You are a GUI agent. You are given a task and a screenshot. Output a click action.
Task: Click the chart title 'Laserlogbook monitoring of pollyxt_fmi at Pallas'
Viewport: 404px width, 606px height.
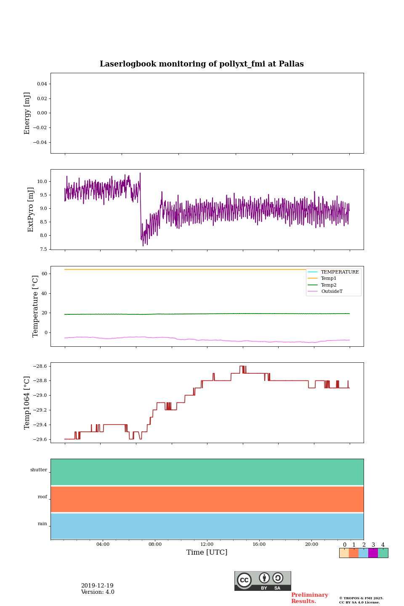pos(202,64)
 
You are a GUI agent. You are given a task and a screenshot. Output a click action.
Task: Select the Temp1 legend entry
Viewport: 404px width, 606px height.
pos(329,279)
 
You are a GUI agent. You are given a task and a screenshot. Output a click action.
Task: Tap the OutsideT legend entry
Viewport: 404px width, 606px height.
pos(332,292)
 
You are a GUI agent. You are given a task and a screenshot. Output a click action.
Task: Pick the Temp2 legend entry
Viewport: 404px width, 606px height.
pos(329,285)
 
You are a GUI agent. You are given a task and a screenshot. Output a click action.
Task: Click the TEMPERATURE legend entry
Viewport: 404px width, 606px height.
pos(340,272)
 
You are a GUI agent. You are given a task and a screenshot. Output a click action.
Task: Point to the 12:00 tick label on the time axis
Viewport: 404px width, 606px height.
pos(207,545)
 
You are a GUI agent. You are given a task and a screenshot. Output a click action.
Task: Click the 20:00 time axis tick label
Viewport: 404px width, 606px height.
pos(311,545)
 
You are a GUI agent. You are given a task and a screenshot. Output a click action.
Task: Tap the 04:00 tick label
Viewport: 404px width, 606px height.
pos(103,545)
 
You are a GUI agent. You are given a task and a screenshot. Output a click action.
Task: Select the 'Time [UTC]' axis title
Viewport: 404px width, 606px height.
pos(207,553)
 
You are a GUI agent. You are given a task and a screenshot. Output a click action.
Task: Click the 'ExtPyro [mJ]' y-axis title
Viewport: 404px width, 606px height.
pos(31,210)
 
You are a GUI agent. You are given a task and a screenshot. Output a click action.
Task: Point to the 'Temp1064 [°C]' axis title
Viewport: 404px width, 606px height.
pos(27,403)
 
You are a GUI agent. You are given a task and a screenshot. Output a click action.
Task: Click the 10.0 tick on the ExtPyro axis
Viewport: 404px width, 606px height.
pos(42,182)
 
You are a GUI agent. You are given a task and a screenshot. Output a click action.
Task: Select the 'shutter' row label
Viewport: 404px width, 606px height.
pos(39,470)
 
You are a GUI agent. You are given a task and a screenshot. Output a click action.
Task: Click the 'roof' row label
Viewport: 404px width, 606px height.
pos(43,497)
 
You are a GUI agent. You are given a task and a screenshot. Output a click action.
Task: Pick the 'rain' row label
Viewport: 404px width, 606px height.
pos(43,524)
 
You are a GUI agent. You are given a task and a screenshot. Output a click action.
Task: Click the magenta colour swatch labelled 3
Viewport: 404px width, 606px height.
pos(373,553)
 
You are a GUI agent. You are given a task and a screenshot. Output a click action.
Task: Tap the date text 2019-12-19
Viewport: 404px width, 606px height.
pos(97,586)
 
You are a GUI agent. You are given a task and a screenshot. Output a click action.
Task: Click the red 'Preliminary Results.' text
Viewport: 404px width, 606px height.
pos(309,598)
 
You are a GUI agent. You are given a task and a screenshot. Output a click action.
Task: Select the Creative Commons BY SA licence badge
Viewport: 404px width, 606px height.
pos(263,581)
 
